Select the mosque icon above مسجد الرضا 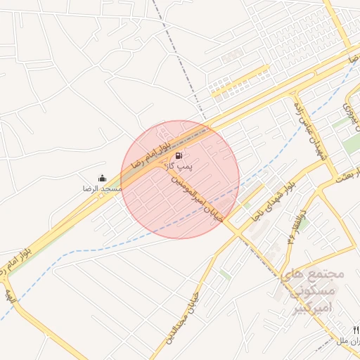pyautogui.click(x=103, y=179)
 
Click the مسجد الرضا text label pyautogui.click(x=103, y=189)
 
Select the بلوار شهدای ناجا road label pyautogui.click(x=272, y=199)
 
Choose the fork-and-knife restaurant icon pyautogui.click(x=356, y=330)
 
